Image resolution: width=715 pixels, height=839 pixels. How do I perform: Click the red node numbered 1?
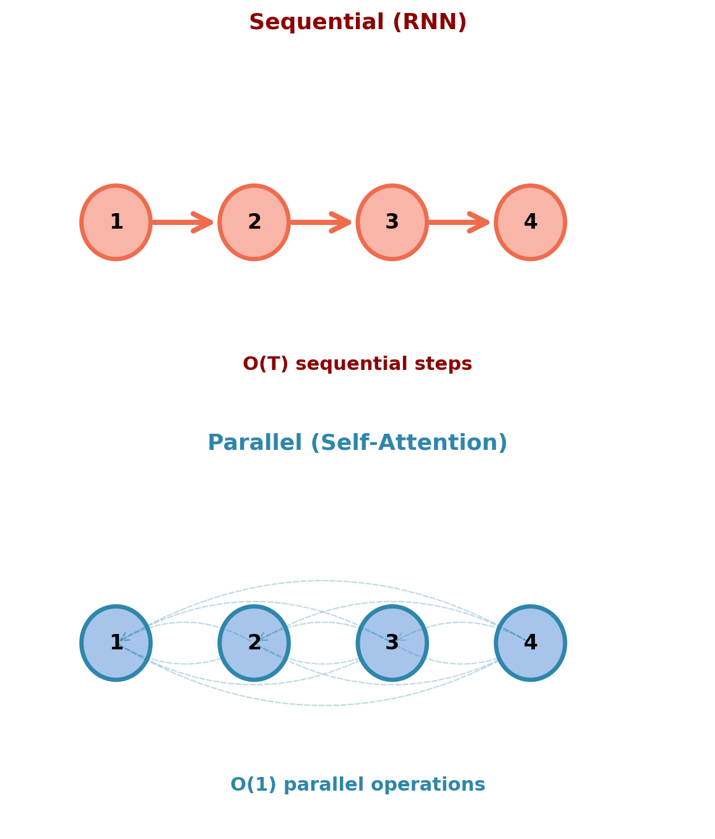tap(116, 222)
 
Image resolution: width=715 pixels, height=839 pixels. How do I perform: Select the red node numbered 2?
tap(254, 222)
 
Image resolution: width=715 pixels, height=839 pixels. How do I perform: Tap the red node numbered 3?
tap(392, 222)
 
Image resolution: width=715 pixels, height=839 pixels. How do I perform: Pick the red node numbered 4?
tap(530, 222)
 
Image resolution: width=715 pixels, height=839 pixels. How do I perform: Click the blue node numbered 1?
tap(116, 643)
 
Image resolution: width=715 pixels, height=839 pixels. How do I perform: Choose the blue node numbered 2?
tap(254, 643)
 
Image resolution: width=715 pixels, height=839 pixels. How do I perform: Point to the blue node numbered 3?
tap(392, 643)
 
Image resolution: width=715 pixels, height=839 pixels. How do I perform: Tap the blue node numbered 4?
tap(530, 643)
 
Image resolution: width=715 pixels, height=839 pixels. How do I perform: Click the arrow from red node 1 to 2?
tap(183, 222)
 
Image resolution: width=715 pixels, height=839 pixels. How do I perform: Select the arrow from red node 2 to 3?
tap(321, 222)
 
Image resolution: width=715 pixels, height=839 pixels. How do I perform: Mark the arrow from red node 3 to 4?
tap(459, 222)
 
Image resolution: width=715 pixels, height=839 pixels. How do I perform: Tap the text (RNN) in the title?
tap(430, 23)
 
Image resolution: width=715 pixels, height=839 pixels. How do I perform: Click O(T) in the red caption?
tap(266, 364)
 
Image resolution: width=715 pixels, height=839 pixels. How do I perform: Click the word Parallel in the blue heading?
tap(254, 443)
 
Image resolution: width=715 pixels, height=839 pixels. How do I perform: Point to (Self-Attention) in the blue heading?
tap(409, 443)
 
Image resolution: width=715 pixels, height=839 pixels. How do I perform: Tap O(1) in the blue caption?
tap(254, 785)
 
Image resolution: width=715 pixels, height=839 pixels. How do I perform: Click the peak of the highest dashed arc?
tap(323, 581)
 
